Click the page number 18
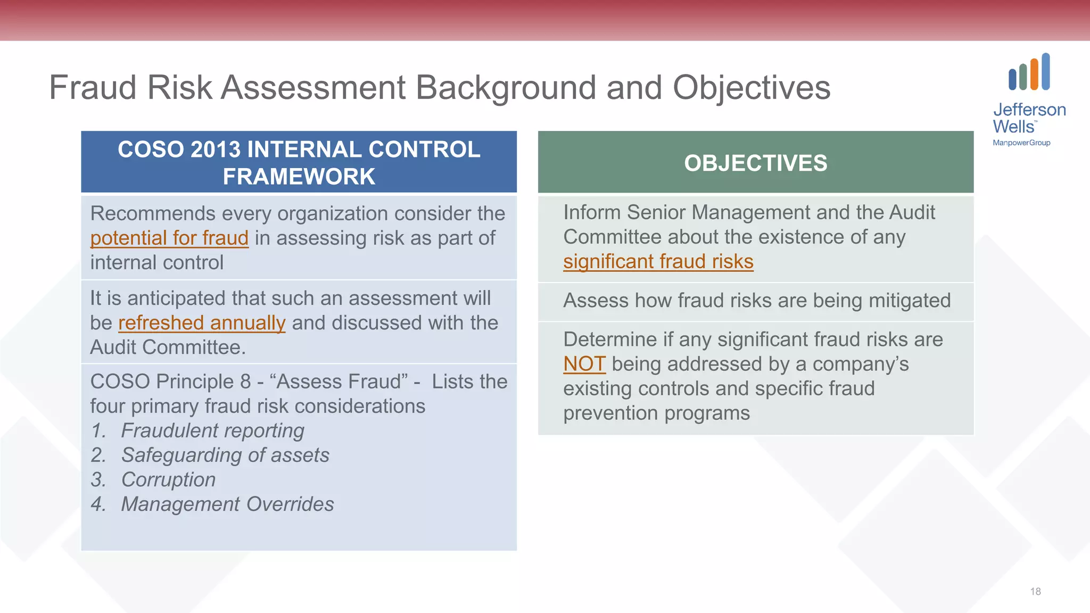click(x=1035, y=591)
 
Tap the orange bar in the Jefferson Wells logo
click(x=1034, y=74)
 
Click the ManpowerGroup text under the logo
click(x=1021, y=143)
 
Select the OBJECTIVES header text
click(x=755, y=163)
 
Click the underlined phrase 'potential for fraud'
click(x=169, y=238)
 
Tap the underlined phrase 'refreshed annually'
click(x=202, y=323)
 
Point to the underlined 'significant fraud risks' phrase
click(x=658, y=261)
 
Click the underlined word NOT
click(x=584, y=364)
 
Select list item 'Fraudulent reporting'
click(x=212, y=430)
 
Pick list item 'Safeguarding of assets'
click(x=225, y=455)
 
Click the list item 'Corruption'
click(x=168, y=479)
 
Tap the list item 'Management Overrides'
click(x=227, y=504)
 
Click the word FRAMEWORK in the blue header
click(x=299, y=177)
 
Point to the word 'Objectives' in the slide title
click(x=751, y=87)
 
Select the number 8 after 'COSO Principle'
click(x=245, y=382)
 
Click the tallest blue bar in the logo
click(x=1046, y=71)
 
